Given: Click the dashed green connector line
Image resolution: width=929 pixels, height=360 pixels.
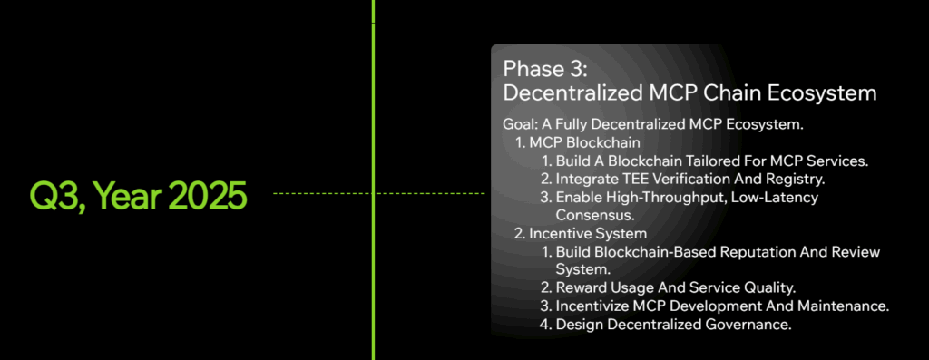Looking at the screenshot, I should (318, 193).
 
